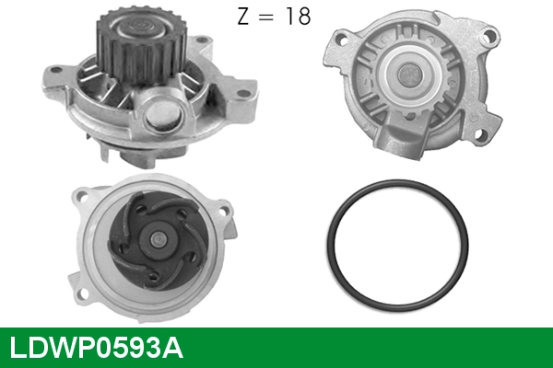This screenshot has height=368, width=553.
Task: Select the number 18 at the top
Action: [297, 17]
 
